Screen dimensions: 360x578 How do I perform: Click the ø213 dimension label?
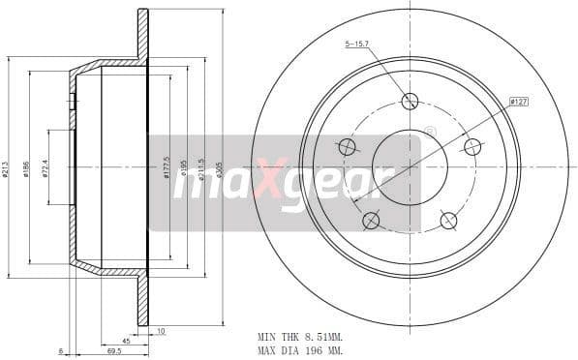(5, 168)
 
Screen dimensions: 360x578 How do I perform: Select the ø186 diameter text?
(26, 168)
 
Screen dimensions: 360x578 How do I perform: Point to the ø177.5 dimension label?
(167, 167)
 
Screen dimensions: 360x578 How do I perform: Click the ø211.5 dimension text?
(201, 167)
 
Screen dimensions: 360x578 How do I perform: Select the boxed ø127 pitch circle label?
(518, 100)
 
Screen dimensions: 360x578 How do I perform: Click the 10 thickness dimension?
(160, 331)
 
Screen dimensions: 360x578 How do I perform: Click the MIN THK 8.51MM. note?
(300, 336)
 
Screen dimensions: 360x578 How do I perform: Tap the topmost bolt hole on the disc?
(410, 101)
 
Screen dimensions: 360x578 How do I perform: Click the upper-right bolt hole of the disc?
(472, 147)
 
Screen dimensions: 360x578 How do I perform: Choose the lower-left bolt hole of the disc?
(371, 221)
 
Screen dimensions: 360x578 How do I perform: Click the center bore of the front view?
(410, 167)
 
